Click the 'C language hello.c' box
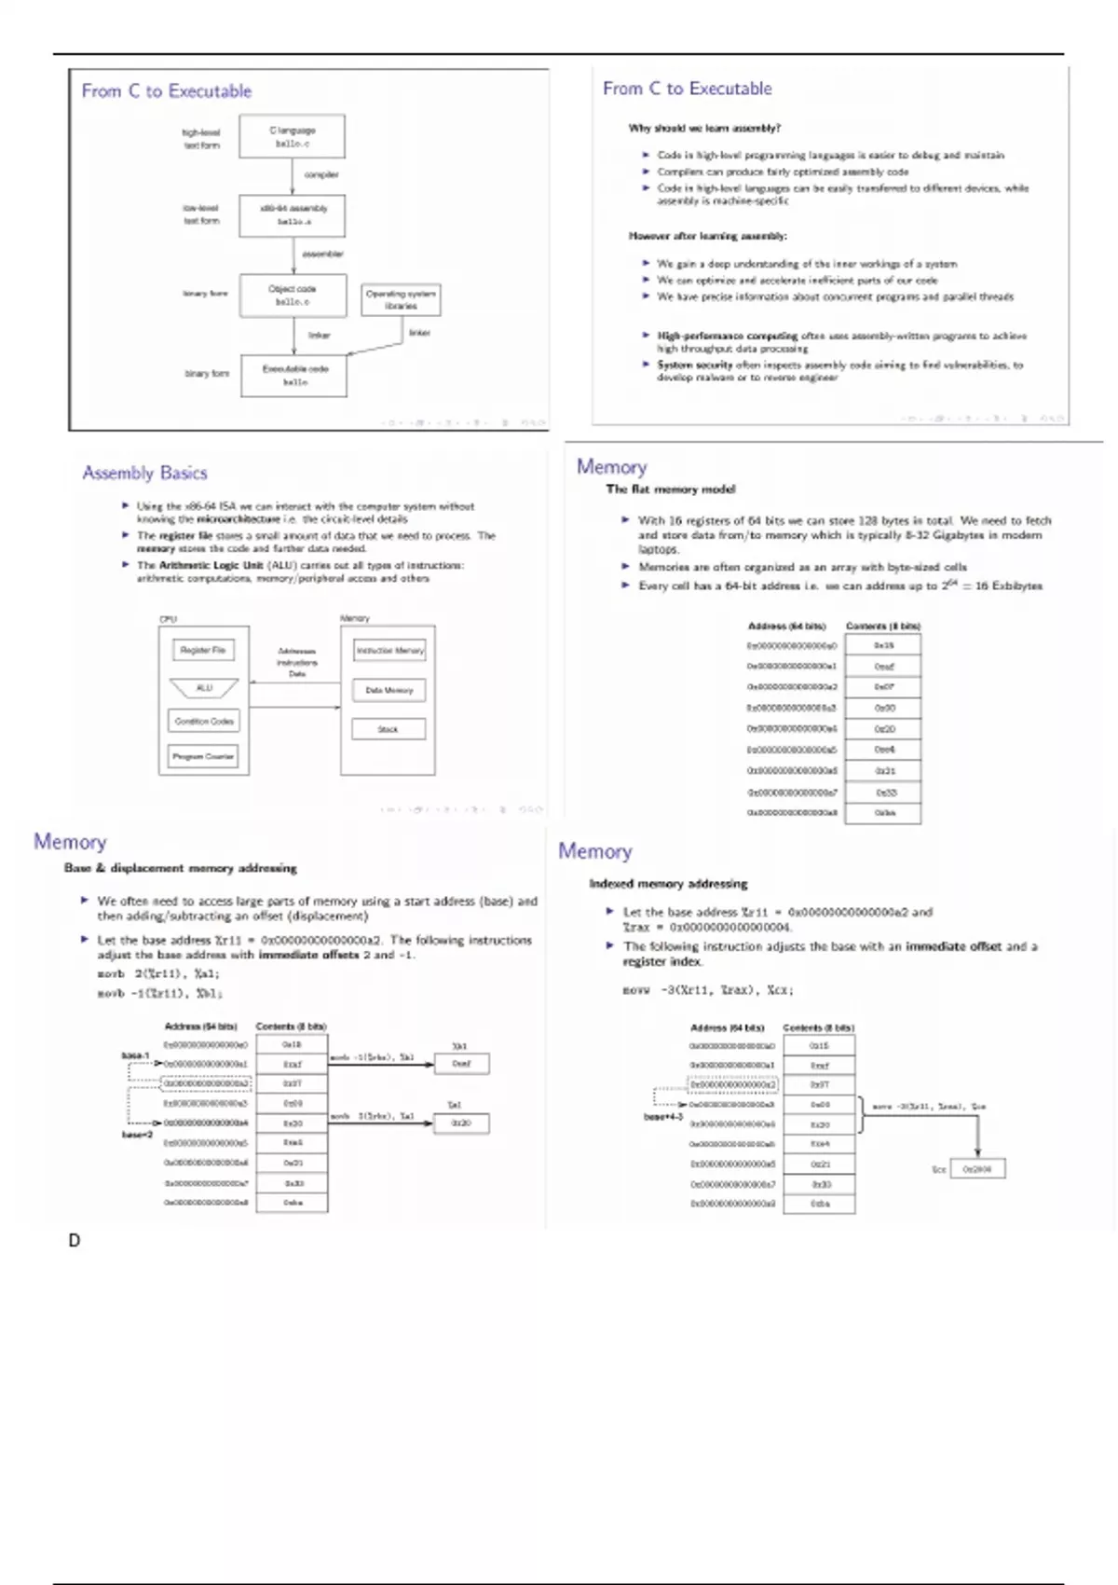click(x=293, y=137)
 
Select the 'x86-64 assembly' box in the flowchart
click(x=293, y=214)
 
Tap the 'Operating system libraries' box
click(x=401, y=299)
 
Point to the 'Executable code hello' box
click(x=293, y=375)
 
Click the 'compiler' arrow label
click(x=321, y=174)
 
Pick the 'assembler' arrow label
click(x=322, y=254)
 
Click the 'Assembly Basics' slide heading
click(x=144, y=473)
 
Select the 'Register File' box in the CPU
click(x=203, y=650)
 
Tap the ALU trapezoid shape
click(x=204, y=688)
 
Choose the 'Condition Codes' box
click(x=204, y=721)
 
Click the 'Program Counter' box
click(x=203, y=756)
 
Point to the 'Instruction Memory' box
click(x=389, y=650)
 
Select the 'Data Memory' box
click(x=389, y=690)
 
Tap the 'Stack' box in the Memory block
click(x=389, y=729)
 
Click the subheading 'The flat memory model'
click(x=670, y=489)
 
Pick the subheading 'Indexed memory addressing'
click(x=668, y=883)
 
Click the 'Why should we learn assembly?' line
click(x=704, y=128)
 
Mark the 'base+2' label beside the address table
click(x=137, y=1135)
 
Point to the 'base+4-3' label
click(x=663, y=1116)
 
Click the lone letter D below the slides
click(x=75, y=1241)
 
